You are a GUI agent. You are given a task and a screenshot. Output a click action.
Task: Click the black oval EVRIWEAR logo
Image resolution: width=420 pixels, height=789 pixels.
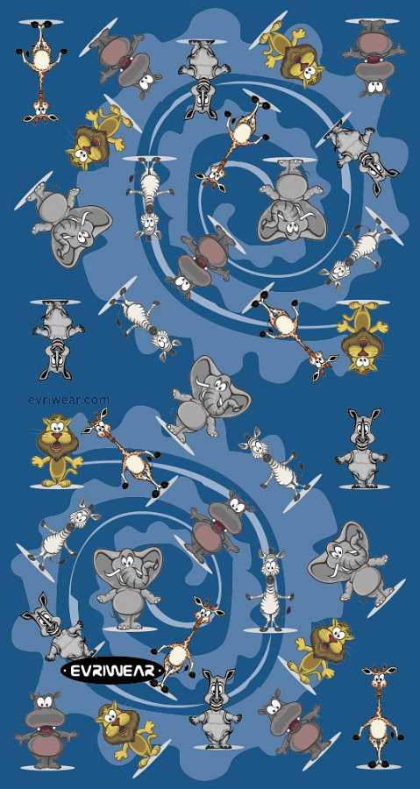tap(111, 671)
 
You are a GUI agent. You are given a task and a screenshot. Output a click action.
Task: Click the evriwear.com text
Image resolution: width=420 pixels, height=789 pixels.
tap(68, 400)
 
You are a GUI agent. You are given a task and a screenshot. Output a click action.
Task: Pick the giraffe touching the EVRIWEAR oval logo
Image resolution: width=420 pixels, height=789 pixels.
tap(182, 641)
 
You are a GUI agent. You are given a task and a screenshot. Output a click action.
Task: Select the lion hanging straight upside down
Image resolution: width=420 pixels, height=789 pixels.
tap(362, 338)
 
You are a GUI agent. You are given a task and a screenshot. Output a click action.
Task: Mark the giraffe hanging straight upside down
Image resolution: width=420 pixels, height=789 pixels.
tap(41, 70)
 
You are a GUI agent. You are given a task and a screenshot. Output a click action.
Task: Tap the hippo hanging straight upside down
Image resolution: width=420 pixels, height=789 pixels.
tap(373, 55)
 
